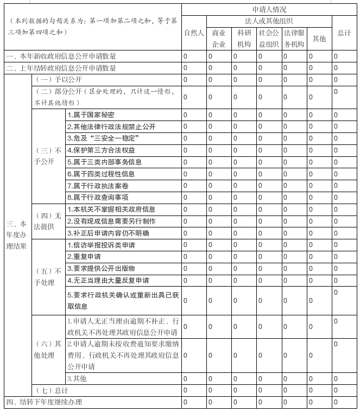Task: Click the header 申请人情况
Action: [269, 9]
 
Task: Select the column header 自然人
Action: [194, 33]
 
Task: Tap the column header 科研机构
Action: [244, 39]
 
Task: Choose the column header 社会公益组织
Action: [268, 39]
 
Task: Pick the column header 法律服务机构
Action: [294, 39]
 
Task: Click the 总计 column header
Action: [344, 33]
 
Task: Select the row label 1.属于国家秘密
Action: [91, 115]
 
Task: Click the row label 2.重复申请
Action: [84, 257]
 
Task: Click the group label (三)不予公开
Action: [48, 156]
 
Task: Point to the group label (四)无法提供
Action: [48, 221]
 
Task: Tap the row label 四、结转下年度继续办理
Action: [43, 402]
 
